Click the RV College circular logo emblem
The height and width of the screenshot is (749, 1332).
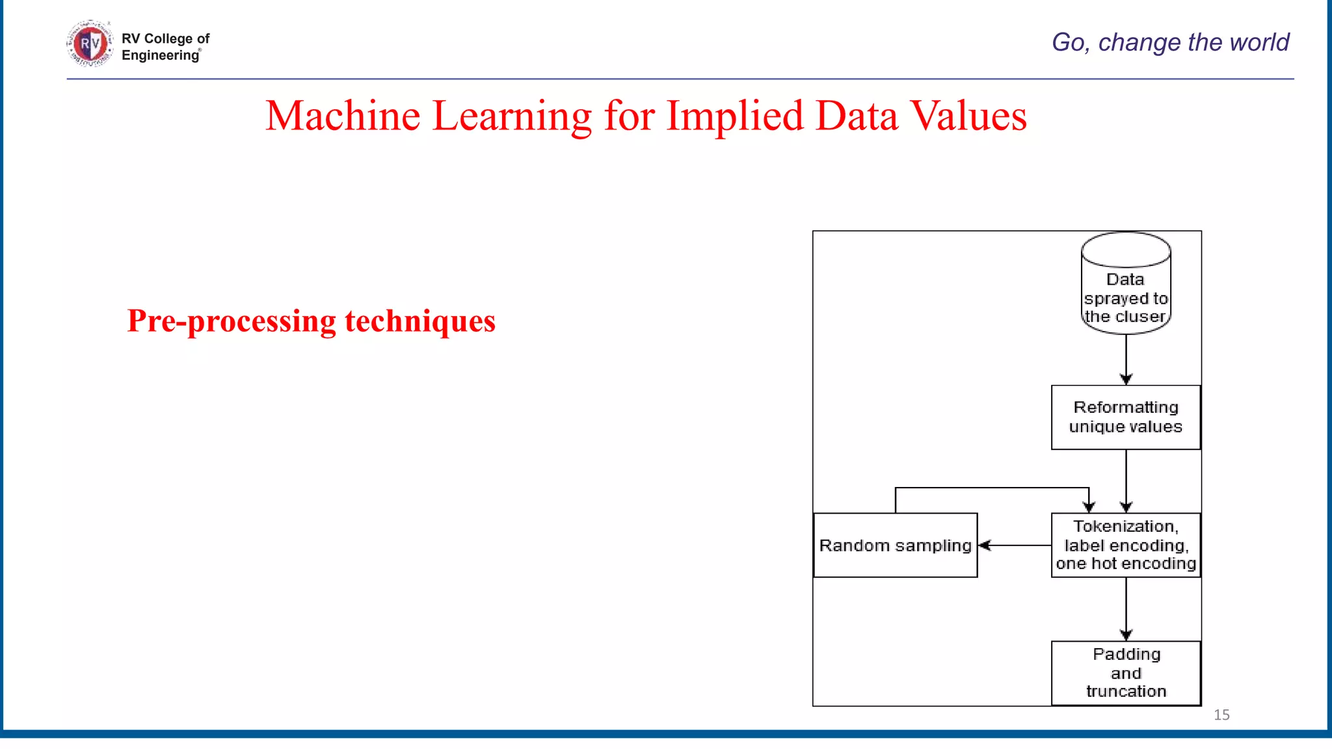pos(90,44)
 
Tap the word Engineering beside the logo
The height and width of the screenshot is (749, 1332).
pos(160,55)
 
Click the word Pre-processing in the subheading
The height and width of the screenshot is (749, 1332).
pos(231,321)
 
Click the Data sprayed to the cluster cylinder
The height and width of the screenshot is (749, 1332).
pos(1126,284)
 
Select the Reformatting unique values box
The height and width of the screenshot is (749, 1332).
pos(1126,417)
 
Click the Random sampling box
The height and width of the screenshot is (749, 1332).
pos(896,545)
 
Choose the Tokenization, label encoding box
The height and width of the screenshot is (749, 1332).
pos(1126,545)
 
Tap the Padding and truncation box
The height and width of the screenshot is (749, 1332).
pos(1126,673)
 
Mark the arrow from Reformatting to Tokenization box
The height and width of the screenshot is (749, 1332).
pos(1126,481)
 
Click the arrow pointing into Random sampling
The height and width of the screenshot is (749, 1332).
pos(1015,545)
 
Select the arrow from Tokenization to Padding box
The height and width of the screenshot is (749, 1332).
pos(1126,609)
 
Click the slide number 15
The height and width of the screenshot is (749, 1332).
pos(1221,715)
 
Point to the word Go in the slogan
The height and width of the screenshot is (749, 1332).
pos(1069,42)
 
